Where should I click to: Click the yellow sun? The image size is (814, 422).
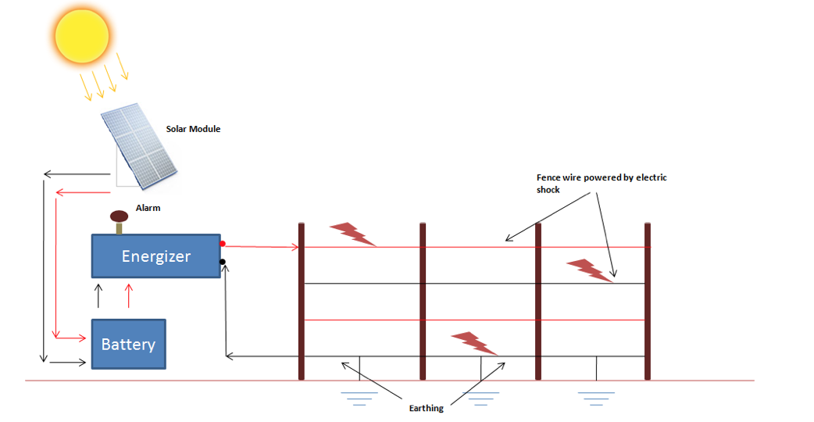(81, 35)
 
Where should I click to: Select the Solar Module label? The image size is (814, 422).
(193, 129)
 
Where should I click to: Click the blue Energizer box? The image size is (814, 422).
(156, 256)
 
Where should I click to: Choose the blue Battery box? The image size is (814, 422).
(129, 344)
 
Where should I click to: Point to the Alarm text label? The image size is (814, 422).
(148, 209)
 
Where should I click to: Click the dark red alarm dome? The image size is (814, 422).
(120, 216)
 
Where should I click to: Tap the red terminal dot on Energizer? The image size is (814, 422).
(223, 245)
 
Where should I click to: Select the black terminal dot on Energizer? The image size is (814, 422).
(223, 262)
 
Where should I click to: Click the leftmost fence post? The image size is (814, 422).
(302, 301)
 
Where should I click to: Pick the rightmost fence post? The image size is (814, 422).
(648, 301)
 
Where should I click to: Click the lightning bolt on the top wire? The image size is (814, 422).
(354, 234)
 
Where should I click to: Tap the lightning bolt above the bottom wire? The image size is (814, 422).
(475, 342)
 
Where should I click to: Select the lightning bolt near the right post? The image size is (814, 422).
(591, 270)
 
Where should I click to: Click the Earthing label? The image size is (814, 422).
(426, 408)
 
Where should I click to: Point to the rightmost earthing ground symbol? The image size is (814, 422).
(597, 397)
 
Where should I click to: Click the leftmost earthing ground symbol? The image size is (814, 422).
(359, 397)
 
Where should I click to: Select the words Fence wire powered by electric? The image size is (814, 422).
(601, 178)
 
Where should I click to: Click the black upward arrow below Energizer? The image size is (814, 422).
(98, 295)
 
